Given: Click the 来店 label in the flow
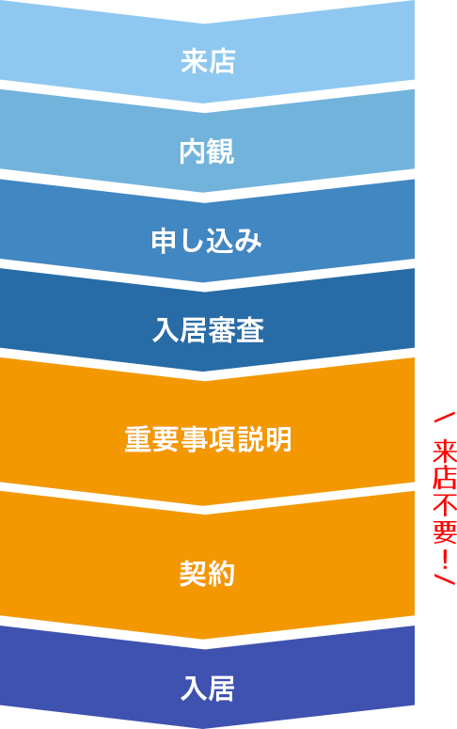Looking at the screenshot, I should [x=208, y=62].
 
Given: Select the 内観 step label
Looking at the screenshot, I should [x=207, y=151].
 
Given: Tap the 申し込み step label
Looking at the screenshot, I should [x=207, y=242].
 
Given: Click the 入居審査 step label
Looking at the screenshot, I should [x=208, y=330].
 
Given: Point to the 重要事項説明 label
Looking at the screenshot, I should [x=208, y=439].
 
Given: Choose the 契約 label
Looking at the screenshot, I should [x=207, y=573].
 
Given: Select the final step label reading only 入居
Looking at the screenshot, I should [x=208, y=689].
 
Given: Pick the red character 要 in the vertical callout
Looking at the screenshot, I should [x=445, y=531].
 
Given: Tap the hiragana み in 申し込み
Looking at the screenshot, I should [x=249, y=242].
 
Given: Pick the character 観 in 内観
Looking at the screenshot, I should [x=221, y=151].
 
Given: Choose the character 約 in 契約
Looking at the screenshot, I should [x=221, y=573].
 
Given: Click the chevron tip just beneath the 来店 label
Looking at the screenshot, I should [x=206, y=102].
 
